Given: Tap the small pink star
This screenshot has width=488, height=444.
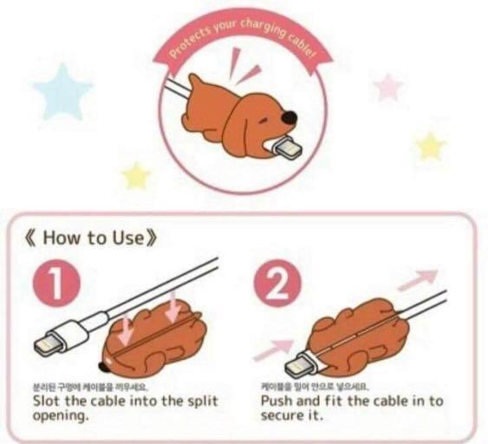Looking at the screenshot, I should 388,86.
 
